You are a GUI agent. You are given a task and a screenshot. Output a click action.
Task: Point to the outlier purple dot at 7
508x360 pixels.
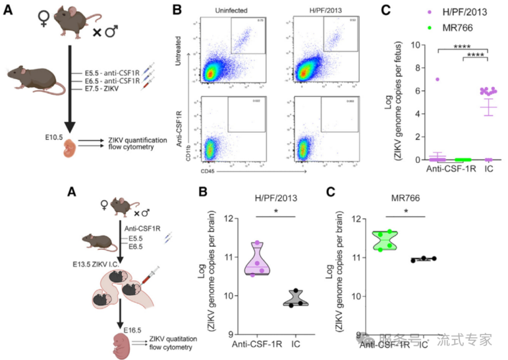coord(437,80)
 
